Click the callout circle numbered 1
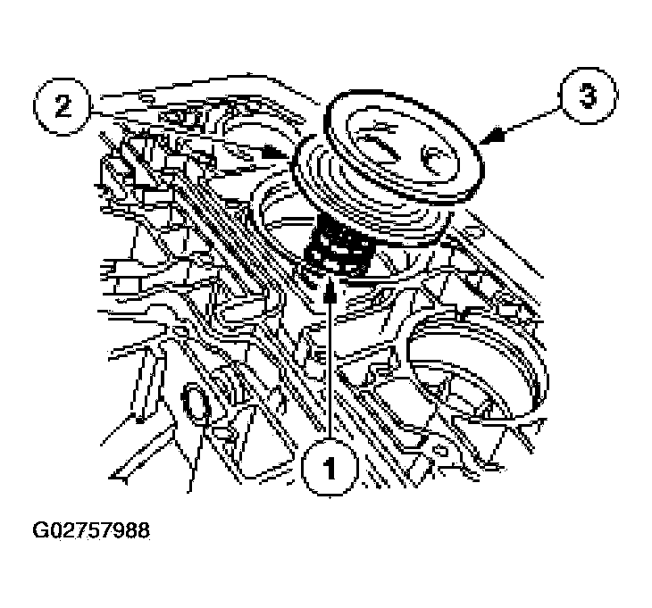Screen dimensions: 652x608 point(330,468)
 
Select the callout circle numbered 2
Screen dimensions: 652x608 point(62,107)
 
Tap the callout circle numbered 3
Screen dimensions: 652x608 point(588,96)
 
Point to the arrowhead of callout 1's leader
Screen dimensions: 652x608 point(330,288)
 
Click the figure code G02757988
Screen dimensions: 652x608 point(91,530)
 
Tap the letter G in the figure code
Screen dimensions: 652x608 point(40,530)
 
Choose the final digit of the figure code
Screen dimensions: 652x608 point(143,530)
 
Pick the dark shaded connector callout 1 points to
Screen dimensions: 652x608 point(338,247)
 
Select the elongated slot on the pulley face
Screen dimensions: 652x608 point(380,145)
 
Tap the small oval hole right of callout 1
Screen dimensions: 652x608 point(440,450)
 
